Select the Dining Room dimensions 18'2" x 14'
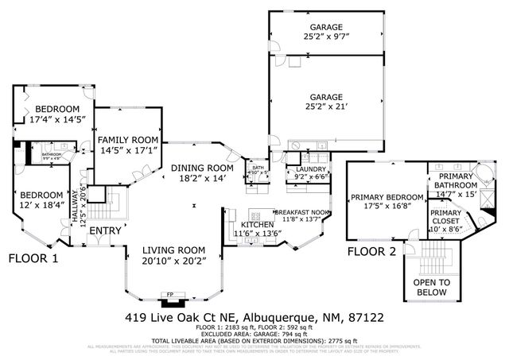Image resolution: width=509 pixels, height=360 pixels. click(203, 179)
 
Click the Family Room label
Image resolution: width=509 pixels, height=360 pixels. click(128, 140)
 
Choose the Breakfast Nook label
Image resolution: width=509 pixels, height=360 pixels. click(302, 212)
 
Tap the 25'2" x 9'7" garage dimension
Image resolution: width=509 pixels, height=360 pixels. click(327, 36)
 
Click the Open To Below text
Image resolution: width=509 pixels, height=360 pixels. click(433, 287)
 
